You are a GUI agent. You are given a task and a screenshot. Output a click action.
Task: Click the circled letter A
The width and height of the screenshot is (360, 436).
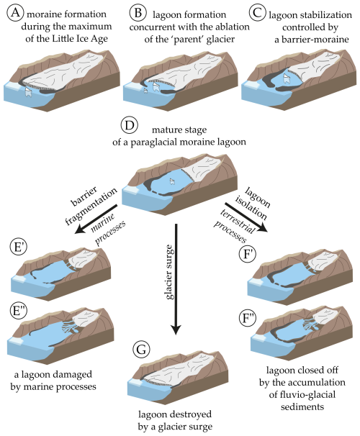tap(15, 13)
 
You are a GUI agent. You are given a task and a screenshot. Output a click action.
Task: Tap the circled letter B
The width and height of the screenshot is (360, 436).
tap(138, 13)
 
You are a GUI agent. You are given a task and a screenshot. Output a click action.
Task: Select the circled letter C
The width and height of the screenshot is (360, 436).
tap(257, 13)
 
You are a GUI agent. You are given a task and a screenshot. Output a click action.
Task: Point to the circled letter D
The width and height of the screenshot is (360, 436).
tap(130, 125)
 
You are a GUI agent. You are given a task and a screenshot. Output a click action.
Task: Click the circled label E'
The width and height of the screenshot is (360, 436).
tap(19, 247)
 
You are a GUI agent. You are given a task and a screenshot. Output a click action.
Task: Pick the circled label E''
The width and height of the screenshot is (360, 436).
tap(19, 311)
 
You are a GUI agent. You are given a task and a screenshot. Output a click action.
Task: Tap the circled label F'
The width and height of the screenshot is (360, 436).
tap(248, 254)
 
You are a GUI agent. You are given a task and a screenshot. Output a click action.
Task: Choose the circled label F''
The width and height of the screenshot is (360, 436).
tap(248, 318)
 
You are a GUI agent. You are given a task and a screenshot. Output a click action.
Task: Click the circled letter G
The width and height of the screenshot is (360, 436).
tap(141, 350)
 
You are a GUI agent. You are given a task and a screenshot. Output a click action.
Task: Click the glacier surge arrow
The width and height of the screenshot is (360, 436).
tap(176, 279)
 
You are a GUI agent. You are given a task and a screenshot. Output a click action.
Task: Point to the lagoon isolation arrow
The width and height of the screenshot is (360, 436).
tap(246, 217)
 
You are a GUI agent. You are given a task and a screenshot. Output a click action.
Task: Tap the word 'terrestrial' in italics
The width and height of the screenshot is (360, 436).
tap(238, 222)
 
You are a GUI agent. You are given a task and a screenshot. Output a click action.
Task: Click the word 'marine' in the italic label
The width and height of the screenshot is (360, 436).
tap(103, 223)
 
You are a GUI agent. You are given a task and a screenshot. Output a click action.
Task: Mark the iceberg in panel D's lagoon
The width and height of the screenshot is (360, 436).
tap(173, 181)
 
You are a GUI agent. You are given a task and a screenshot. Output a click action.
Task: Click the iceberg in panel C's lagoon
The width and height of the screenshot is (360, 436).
tap(287, 78)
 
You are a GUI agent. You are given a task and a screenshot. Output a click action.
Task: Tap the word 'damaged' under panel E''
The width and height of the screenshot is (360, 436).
tap(74, 375)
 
